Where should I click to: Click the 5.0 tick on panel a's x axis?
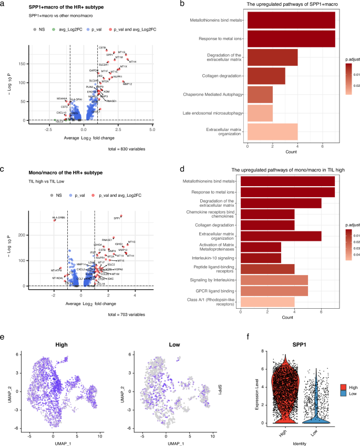(152, 128)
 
